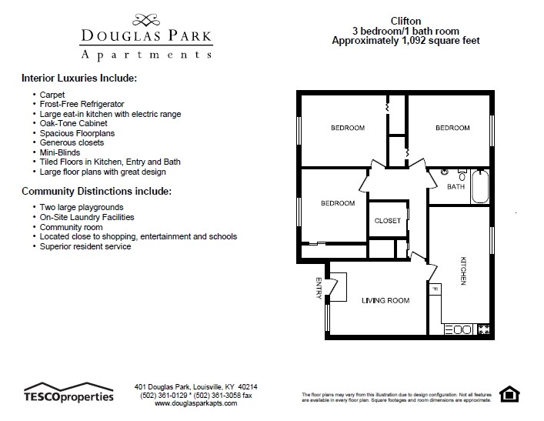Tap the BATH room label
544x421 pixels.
tap(456, 186)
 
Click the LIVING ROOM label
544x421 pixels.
tap(385, 300)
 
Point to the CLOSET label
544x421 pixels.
tap(387, 221)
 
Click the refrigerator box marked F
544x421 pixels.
tap(435, 290)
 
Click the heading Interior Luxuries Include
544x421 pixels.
tap(79, 79)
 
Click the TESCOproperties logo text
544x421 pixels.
tap(68, 396)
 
